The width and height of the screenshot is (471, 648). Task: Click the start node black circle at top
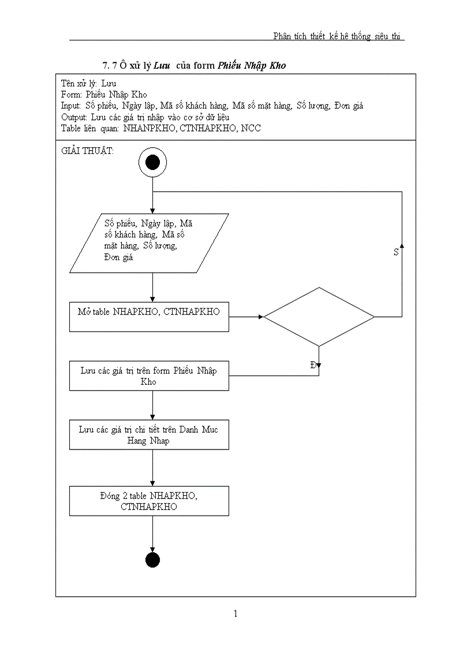point(152,163)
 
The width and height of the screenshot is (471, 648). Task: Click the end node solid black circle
point(152,560)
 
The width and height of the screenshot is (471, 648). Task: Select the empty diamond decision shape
point(319,317)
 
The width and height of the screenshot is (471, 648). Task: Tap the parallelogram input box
point(149,243)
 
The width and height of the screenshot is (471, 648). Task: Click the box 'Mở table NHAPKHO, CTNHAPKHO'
point(149,317)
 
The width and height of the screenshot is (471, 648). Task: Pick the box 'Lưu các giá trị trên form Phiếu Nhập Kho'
point(149,376)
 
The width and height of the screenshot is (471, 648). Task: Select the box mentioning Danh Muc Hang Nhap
point(149,435)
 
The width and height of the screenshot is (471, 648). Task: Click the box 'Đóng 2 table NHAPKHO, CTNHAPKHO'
point(149,501)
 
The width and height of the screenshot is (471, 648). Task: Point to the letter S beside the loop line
point(396,252)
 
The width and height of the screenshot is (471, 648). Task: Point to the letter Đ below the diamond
point(313,365)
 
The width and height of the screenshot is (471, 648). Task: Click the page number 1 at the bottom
point(235,613)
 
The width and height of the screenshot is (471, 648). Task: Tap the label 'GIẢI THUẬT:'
point(87,151)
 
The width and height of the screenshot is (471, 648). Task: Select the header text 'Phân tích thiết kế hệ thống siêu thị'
point(338,36)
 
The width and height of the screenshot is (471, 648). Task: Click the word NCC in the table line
point(251,128)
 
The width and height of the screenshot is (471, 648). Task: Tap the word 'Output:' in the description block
point(73,117)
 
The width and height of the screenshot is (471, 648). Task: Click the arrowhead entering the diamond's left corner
point(261,317)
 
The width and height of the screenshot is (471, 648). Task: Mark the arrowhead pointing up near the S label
point(402,246)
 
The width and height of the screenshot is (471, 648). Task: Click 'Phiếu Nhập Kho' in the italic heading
point(252,66)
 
